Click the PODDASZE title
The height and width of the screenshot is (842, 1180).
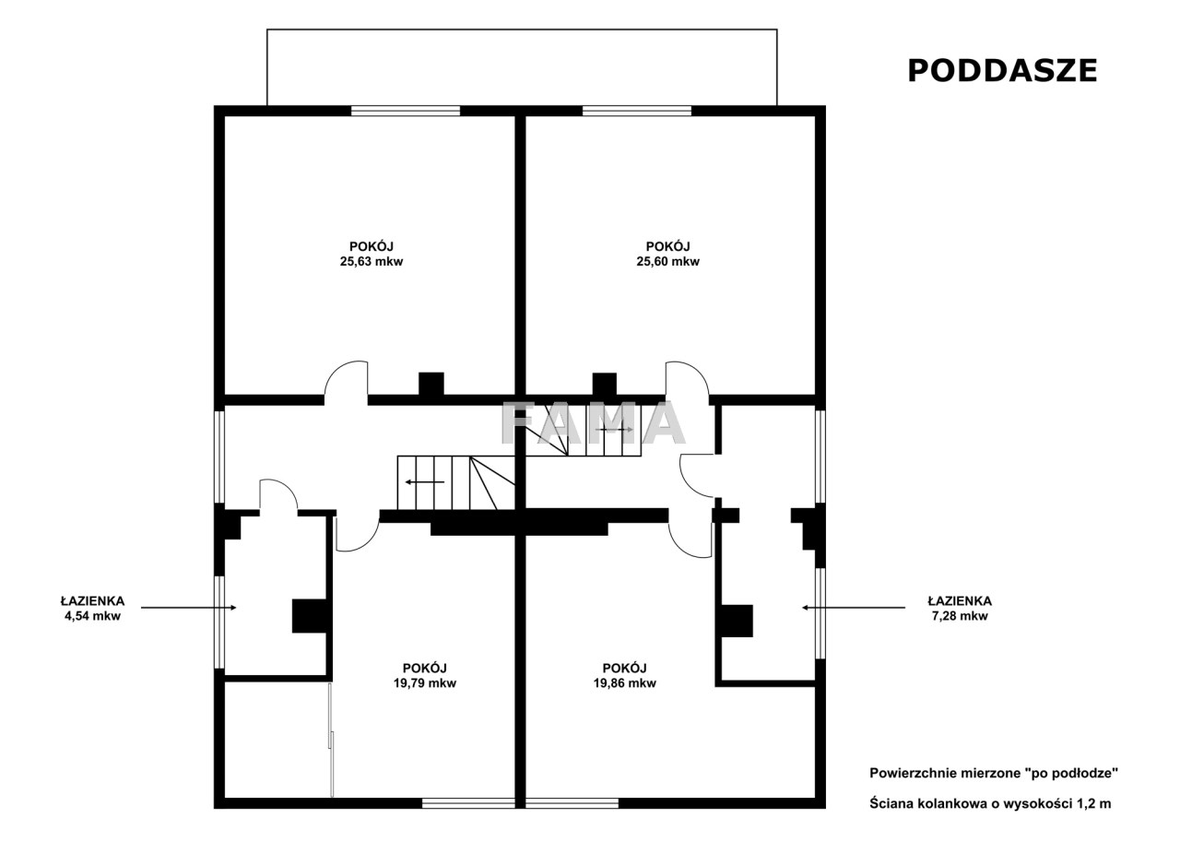1002,71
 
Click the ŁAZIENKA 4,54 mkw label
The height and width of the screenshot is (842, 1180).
93,608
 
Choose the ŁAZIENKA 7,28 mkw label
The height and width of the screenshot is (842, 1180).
960,608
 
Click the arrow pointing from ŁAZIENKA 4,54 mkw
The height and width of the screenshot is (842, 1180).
189,608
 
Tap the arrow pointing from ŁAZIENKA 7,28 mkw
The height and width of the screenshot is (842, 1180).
854,608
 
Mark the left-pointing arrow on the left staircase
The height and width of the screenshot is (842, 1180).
425,481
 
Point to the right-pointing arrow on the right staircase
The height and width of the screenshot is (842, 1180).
614,430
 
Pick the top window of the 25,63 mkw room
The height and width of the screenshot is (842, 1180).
406,111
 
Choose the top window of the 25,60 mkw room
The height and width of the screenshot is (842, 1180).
637,111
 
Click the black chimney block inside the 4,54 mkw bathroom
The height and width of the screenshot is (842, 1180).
310,616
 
